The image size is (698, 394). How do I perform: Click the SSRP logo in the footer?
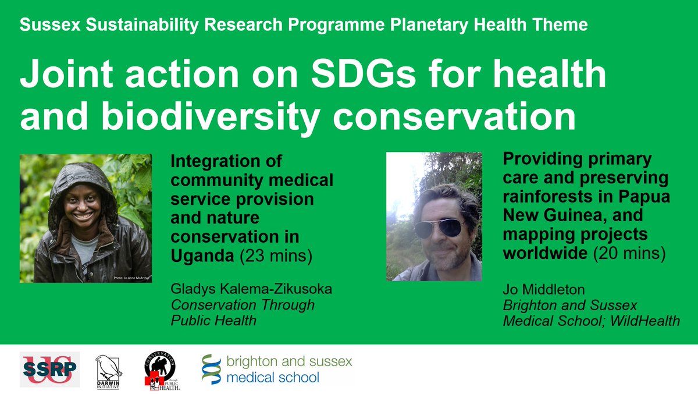click(49, 370)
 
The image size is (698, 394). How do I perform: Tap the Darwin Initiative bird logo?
click(109, 370)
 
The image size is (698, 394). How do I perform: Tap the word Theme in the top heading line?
click(562, 25)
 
